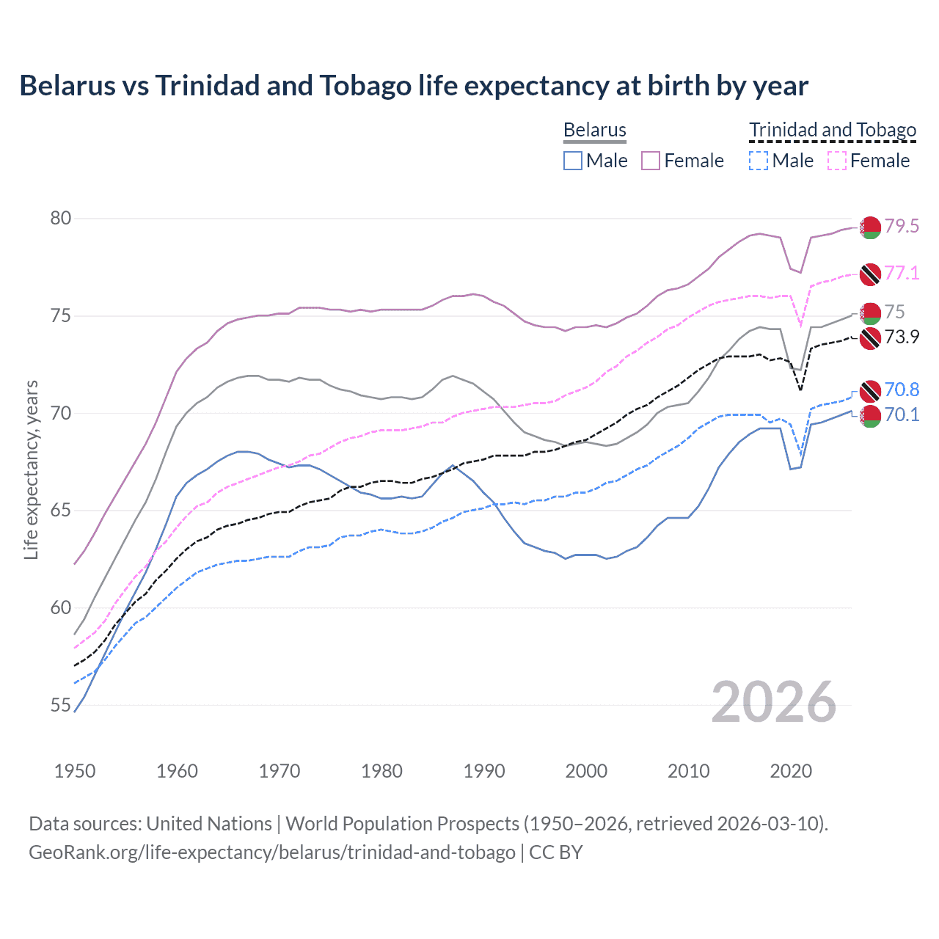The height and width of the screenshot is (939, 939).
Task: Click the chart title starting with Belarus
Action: point(414,86)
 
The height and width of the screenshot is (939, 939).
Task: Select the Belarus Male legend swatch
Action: point(573,161)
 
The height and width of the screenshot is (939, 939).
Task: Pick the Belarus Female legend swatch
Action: point(651,161)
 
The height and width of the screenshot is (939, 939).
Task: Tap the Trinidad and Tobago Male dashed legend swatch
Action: point(759,161)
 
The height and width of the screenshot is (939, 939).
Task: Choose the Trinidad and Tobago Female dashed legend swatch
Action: point(837,161)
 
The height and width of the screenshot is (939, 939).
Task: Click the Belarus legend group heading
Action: point(595,131)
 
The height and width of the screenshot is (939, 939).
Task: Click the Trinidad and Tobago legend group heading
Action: point(833,131)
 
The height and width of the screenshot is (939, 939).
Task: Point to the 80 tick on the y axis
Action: point(61,219)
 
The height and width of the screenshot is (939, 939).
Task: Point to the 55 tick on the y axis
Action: point(61,706)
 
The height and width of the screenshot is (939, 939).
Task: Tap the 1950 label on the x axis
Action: point(75,771)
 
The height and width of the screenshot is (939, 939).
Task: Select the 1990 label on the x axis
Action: point(484,771)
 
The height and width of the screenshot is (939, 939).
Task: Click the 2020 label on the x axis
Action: point(791,771)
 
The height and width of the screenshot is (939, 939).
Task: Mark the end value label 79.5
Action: point(902,226)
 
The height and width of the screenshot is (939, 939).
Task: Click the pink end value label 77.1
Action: point(902,274)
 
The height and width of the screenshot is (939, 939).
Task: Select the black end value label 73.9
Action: point(902,337)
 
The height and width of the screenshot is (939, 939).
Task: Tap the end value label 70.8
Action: point(902,390)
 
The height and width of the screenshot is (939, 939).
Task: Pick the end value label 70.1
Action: point(902,415)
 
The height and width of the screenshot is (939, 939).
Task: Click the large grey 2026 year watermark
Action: point(774,702)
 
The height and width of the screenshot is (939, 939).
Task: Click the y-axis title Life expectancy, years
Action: point(32,469)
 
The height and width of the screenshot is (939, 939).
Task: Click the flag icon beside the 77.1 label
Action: point(870,274)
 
